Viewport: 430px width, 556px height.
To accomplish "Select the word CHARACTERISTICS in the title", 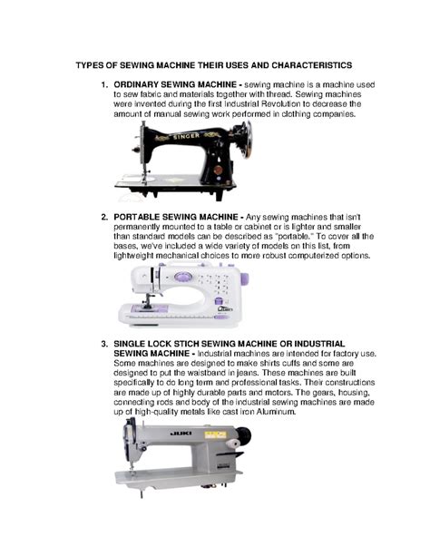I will coord(304,65).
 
